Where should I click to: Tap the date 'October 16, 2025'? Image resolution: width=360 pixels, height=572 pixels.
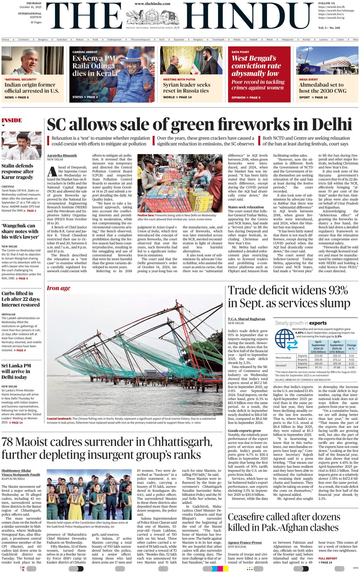31,7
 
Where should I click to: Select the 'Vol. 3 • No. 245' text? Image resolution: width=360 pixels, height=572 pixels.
329,28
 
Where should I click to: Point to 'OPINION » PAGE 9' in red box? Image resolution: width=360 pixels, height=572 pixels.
246,98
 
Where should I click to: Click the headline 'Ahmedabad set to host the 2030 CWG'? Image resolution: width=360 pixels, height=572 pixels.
322,88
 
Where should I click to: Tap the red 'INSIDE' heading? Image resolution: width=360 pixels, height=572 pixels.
12,120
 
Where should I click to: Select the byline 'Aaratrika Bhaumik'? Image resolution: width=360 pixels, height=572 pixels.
62,155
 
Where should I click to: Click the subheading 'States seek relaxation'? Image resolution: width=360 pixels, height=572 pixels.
246,207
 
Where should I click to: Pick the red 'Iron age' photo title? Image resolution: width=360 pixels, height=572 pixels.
58,288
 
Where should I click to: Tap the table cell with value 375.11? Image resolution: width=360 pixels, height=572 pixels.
337,360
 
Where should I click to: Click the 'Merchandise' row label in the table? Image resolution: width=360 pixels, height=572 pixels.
283,357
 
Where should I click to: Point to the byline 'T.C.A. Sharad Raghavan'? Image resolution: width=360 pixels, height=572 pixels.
246,319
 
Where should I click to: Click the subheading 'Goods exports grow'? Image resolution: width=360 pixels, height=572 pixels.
244,431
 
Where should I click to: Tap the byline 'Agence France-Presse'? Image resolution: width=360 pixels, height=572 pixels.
245,543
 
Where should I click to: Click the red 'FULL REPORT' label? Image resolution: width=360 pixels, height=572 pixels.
328,558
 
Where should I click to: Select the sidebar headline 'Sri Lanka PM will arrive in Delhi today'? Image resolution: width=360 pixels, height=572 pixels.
16,371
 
